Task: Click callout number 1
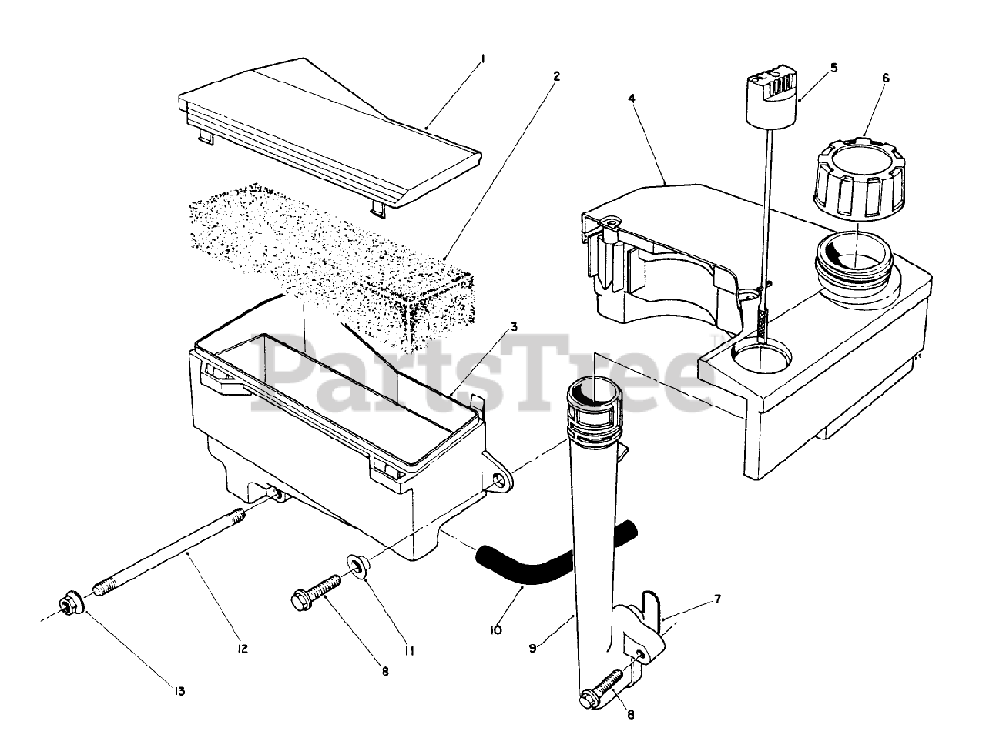tap(482, 58)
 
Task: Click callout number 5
tap(833, 68)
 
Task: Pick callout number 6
tap(886, 78)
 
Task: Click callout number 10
tap(495, 629)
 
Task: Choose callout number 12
tap(243, 649)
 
